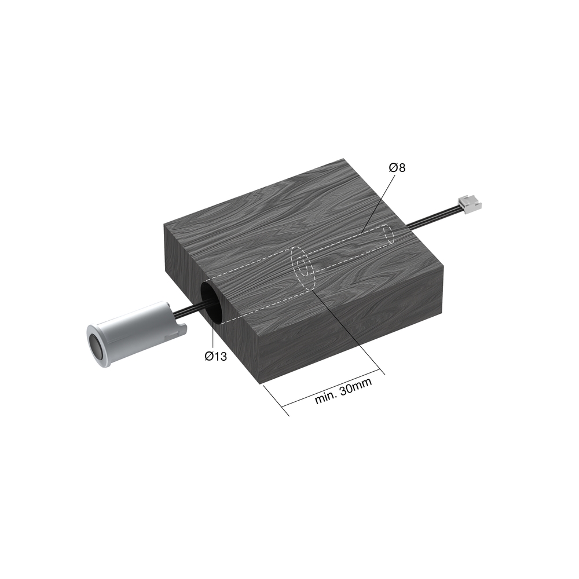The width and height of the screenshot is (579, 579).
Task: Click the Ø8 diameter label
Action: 398,168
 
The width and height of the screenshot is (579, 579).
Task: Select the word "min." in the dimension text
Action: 326,398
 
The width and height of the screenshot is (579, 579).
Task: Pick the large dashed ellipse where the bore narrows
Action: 302,269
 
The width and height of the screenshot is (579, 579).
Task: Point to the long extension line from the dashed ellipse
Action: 347,330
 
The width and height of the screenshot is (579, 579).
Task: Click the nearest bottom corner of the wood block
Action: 258,383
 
